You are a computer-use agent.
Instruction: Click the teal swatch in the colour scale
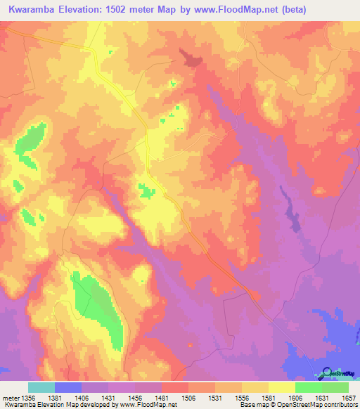[41, 387]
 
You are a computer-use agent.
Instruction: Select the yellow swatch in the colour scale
[282, 387]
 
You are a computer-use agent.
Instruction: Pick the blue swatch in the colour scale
[68, 387]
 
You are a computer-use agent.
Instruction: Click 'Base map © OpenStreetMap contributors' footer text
[295, 405]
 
